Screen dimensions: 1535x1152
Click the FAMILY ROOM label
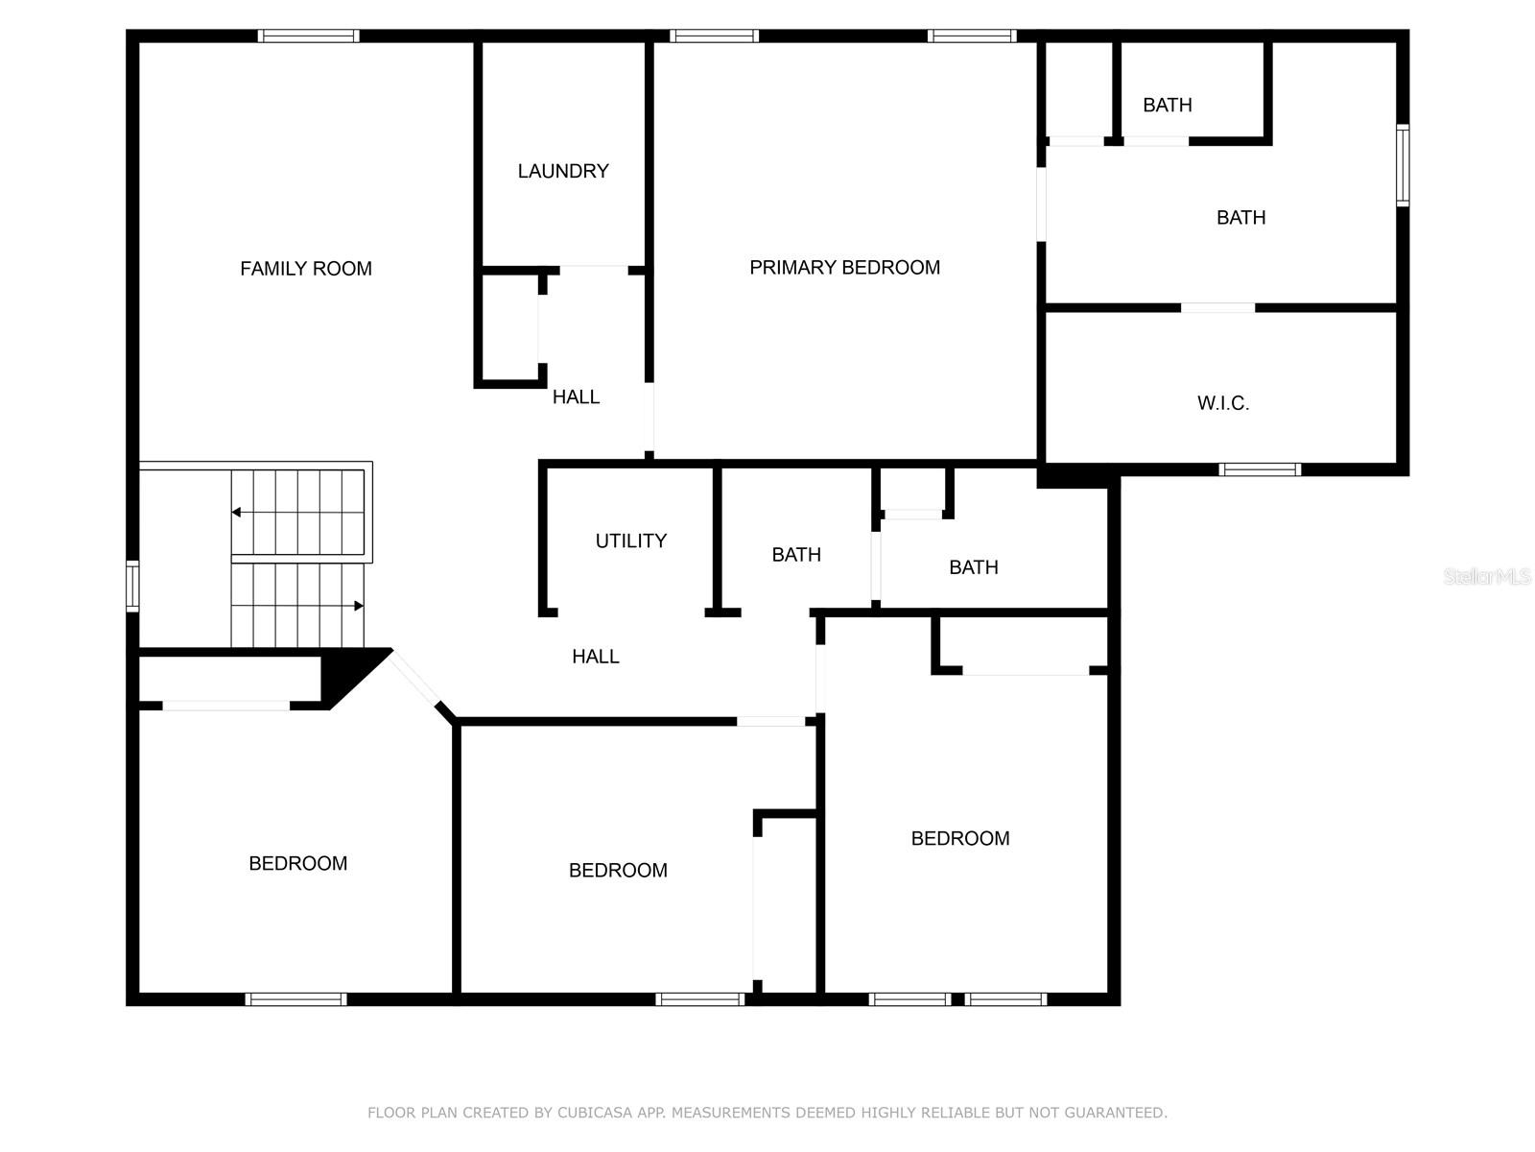pyautogui.click(x=306, y=269)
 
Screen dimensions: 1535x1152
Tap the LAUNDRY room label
pyautogui.click(x=563, y=172)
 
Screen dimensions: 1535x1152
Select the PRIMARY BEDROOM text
pyautogui.click(x=845, y=267)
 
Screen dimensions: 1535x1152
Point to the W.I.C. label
pyautogui.click(x=1223, y=403)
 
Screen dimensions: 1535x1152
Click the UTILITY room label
pyautogui.click(x=630, y=540)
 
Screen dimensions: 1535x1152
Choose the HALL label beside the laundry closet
pyautogui.click(x=576, y=397)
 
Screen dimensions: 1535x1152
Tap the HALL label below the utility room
pyautogui.click(x=595, y=656)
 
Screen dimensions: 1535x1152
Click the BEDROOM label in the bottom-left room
pyautogui.click(x=298, y=863)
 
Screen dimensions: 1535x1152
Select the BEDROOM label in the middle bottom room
pyautogui.click(x=618, y=870)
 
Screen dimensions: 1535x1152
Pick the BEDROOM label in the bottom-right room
pyautogui.click(x=960, y=838)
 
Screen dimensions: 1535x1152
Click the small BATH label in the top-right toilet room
pyautogui.click(x=1168, y=105)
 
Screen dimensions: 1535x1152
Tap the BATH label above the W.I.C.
pyautogui.click(x=1240, y=218)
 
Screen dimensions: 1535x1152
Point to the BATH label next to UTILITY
pyautogui.click(x=796, y=555)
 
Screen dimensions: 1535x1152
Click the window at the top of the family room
pyautogui.click(x=308, y=36)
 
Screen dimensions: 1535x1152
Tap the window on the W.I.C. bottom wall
pyautogui.click(x=1260, y=469)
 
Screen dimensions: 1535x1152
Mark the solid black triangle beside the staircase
pyautogui.click(x=353, y=675)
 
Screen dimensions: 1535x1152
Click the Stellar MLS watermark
pyautogui.click(x=1487, y=576)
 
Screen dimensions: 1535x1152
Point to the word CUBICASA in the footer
pyautogui.click(x=595, y=1112)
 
